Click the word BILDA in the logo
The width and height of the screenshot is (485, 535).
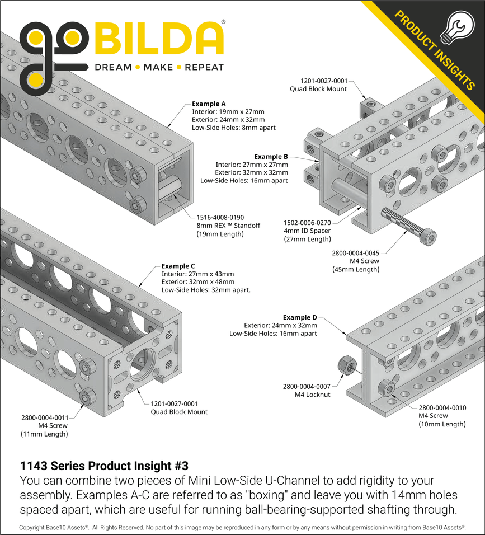[159, 39]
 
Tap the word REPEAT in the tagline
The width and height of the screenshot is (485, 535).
[204, 67]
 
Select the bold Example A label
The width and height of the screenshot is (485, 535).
[209, 104]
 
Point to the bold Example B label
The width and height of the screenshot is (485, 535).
[271, 157]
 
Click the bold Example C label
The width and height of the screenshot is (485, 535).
[178, 266]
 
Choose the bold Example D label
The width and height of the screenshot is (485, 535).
[300, 317]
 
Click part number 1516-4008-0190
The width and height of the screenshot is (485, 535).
[220, 217]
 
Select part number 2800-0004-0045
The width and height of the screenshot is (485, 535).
[355, 252]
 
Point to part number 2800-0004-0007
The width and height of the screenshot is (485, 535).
[307, 387]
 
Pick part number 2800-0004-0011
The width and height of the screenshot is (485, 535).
[45, 417]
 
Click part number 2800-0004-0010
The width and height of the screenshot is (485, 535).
[442, 407]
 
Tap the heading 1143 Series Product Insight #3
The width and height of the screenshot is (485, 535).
[104, 466]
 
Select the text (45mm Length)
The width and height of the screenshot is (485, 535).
[356, 269]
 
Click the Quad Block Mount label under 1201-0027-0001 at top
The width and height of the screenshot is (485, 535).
[318, 88]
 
